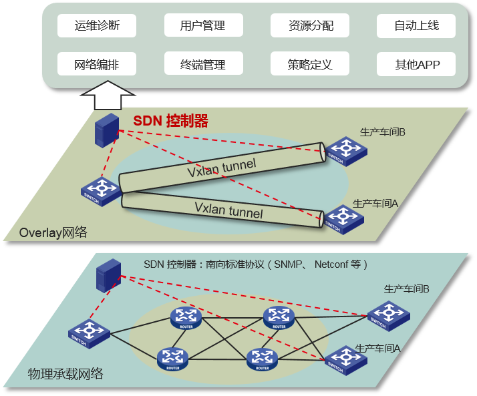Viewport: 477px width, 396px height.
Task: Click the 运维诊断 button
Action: point(96,26)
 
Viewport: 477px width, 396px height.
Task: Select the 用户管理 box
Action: point(202,26)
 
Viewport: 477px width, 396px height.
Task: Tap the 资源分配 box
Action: point(310,26)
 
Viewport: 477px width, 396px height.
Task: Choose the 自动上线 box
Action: point(416,26)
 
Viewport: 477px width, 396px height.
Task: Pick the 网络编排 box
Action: point(96,65)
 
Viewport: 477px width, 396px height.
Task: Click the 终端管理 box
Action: point(202,65)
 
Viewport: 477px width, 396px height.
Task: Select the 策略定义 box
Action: point(310,65)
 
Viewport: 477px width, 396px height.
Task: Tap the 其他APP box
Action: point(416,65)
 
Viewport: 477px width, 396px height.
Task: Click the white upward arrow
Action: point(106,95)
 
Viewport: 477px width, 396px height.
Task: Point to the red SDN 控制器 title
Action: point(170,121)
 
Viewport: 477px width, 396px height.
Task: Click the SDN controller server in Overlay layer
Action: point(106,130)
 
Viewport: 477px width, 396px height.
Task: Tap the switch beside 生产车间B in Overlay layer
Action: point(345,150)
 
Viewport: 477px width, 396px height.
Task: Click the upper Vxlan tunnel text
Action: point(220,166)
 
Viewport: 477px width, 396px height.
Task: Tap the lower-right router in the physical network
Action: point(263,359)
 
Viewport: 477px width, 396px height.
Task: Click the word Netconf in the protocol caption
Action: point(333,264)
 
